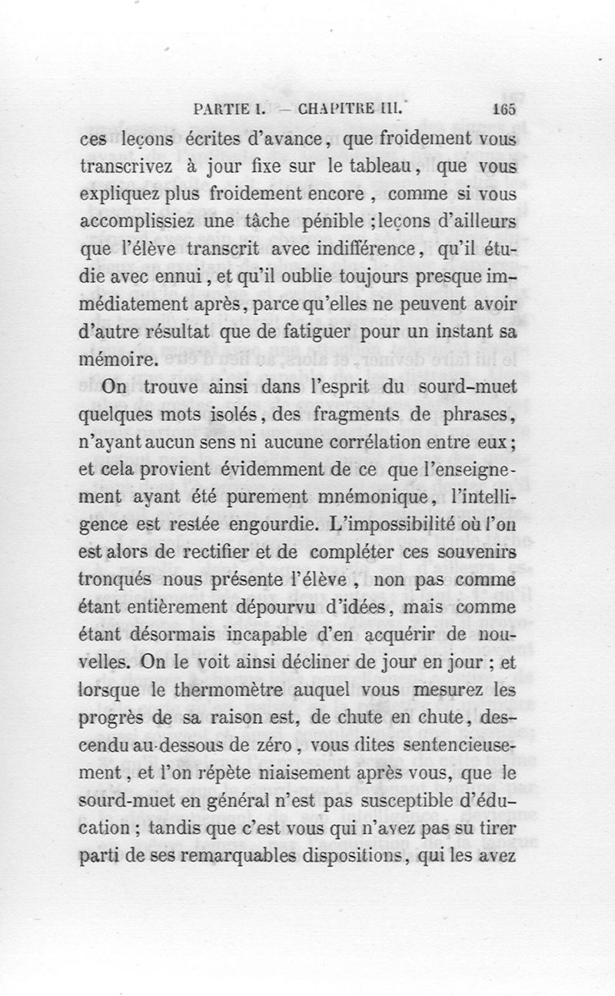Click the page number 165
(x=504, y=108)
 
